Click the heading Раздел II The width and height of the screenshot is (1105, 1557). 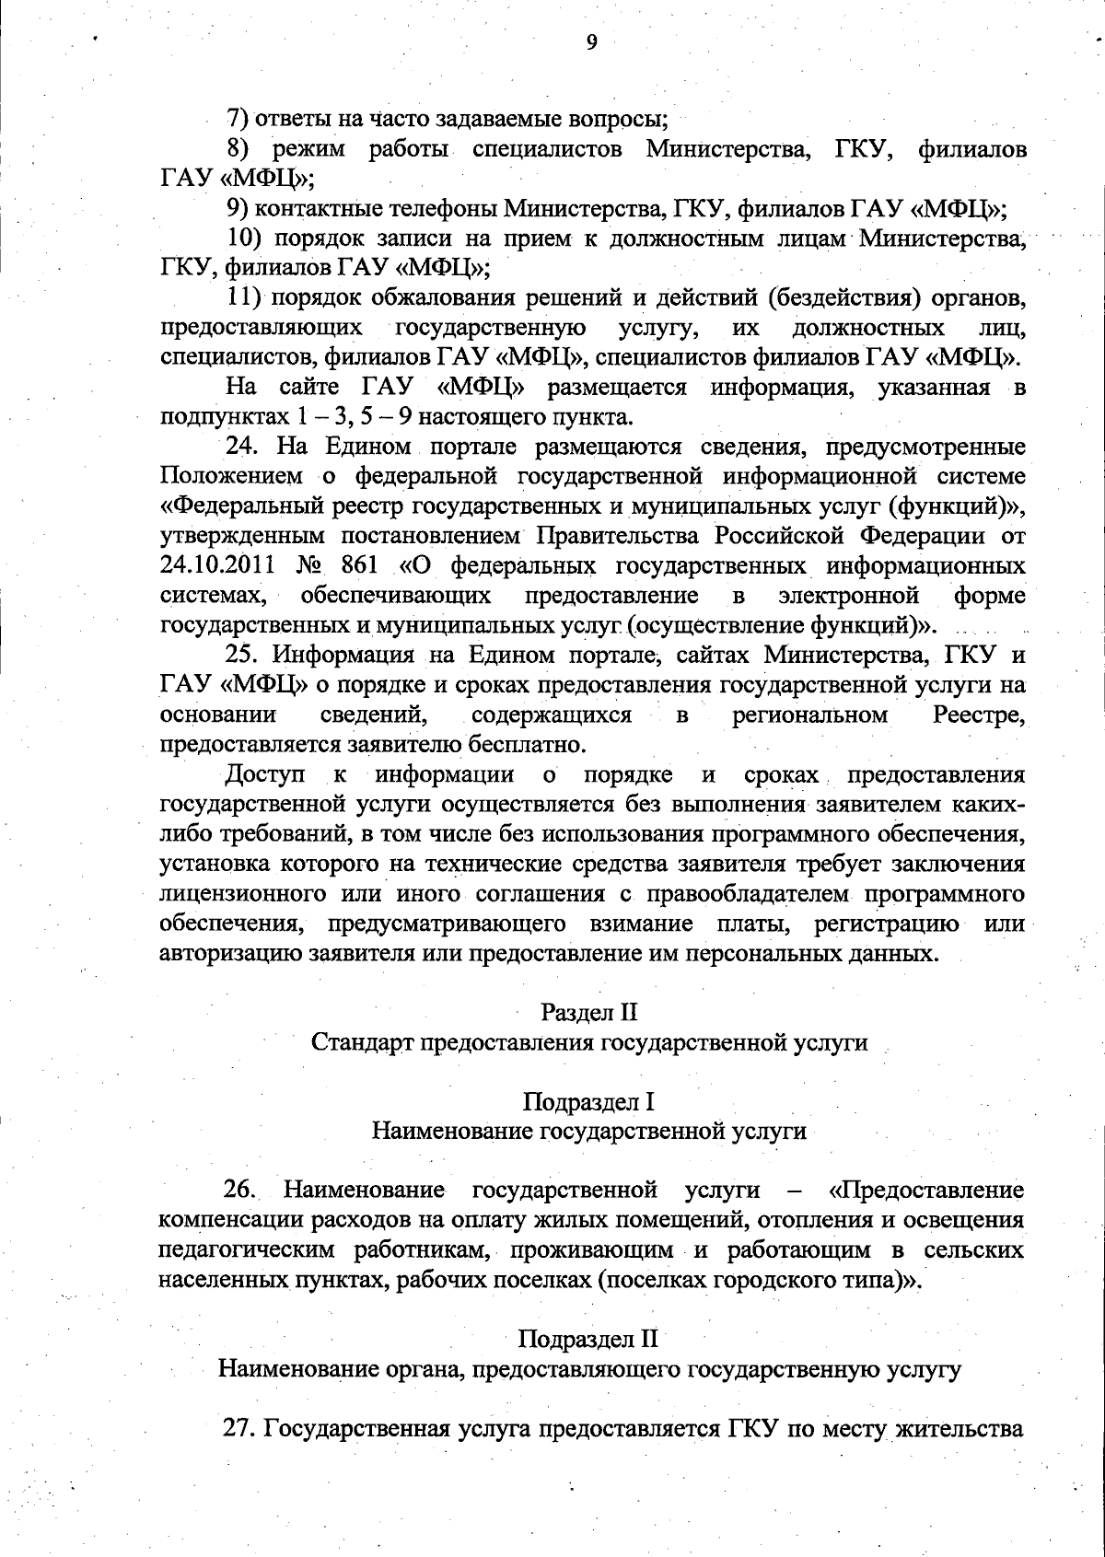[x=589, y=1012]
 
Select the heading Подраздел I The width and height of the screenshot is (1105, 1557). [x=589, y=1101]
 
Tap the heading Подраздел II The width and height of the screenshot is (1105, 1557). [x=589, y=1338]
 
